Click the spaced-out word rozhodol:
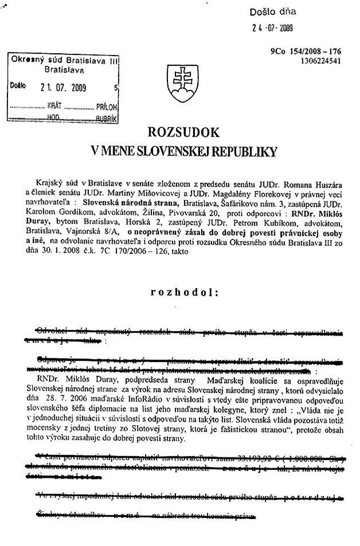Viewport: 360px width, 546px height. (x=184, y=292)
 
